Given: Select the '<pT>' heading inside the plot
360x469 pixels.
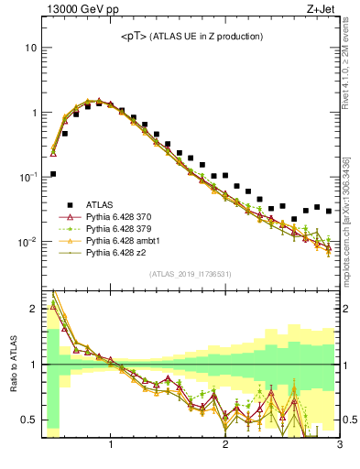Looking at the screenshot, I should point(136,36).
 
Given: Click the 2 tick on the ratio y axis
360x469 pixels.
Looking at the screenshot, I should point(34,309).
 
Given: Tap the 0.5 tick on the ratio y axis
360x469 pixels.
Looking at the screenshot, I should point(30,420).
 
